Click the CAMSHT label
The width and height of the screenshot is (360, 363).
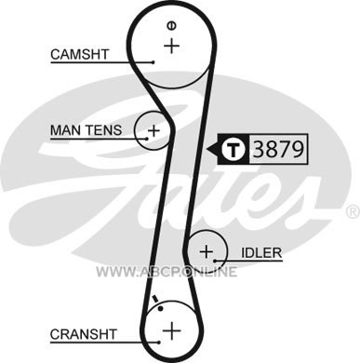click(80, 55)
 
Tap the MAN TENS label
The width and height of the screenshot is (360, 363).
click(86, 130)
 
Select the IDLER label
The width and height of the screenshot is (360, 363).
click(261, 253)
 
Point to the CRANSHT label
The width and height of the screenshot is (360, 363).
click(84, 334)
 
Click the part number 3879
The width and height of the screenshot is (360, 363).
click(278, 149)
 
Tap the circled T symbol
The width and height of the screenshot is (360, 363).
click(234, 149)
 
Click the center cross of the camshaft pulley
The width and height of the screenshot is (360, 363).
click(171, 46)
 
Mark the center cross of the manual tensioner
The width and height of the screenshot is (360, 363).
click(153, 130)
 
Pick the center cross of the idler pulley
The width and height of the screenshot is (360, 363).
click(207, 251)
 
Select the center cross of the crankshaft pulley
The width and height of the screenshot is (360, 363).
click(171, 330)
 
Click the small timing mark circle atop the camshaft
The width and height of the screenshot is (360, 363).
click(171, 26)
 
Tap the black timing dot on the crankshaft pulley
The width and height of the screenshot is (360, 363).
click(160, 308)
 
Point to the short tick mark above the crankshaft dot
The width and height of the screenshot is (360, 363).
click(155, 299)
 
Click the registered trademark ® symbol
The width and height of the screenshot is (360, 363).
click(353, 211)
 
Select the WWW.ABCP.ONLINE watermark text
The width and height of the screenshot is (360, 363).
click(167, 272)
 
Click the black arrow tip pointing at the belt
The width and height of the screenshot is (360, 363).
click(207, 149)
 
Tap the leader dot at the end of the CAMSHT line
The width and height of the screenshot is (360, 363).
click(153, 62)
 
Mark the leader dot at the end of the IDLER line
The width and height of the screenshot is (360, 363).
click(215, 261)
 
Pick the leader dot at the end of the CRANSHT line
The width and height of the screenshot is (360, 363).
click(159, 343)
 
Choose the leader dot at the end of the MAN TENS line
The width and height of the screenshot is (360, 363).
click(147, 139)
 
